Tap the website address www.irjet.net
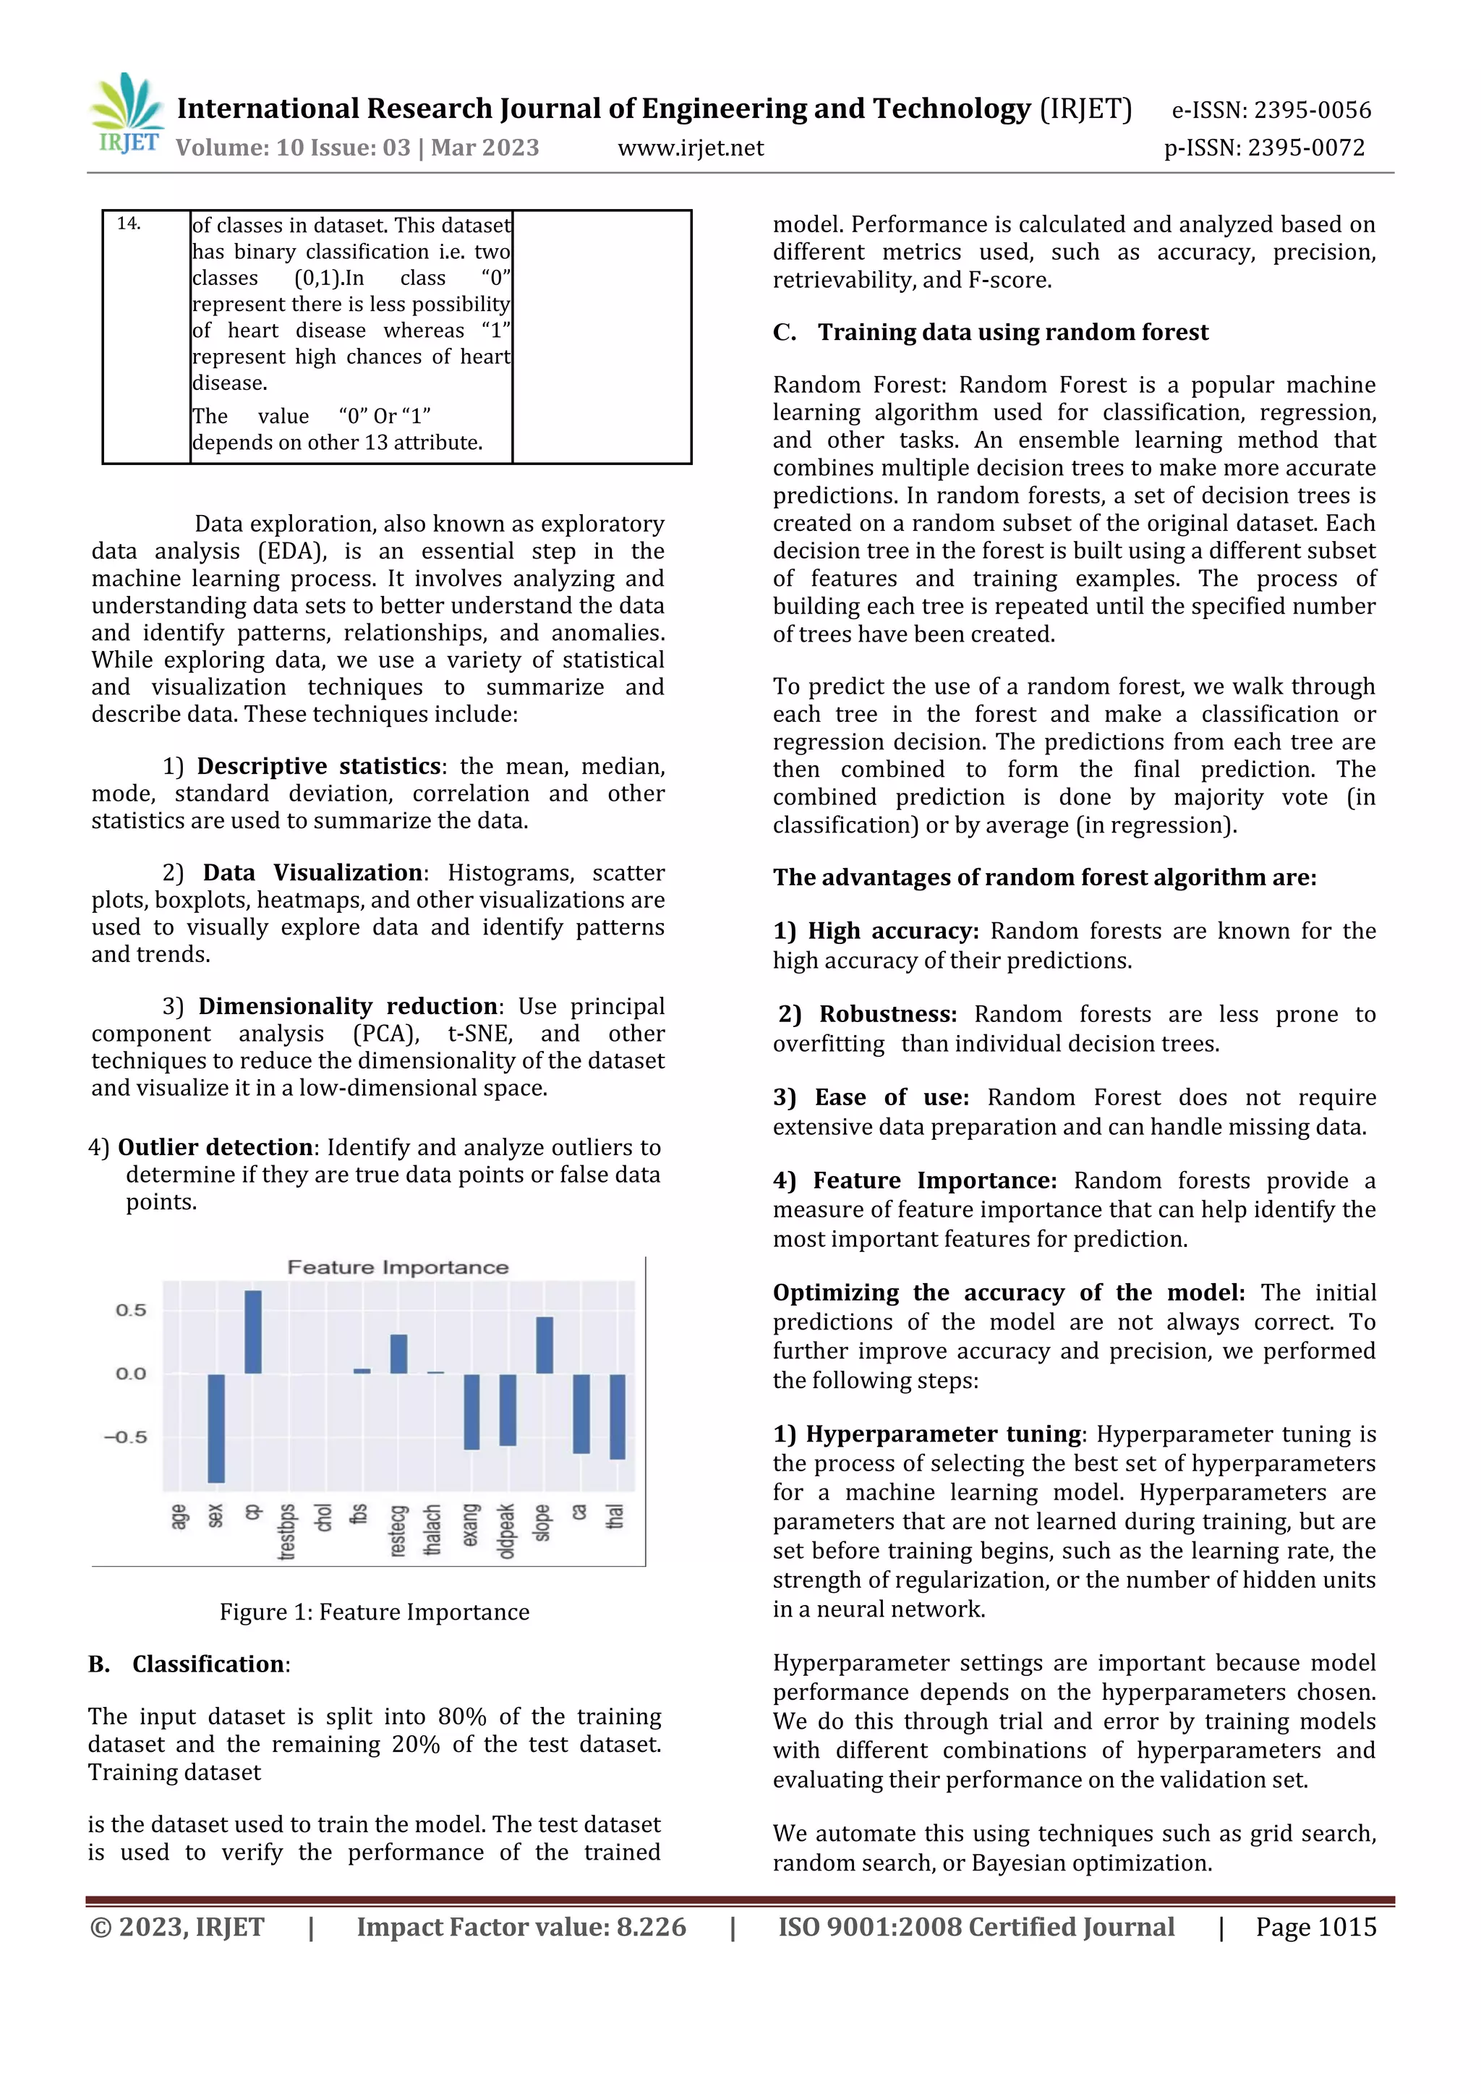(691, 148)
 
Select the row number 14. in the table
(129, 224)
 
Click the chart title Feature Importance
(398, 1267)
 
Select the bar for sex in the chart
(216, 1427)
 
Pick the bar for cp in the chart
(252, 1332)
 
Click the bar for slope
(545, 1345)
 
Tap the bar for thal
(618, 1416)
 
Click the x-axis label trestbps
(287, 1531)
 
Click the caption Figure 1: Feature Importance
(374, 1612)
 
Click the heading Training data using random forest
(1012, 332)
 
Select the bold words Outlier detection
(215, 1147)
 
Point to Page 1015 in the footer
(1315, 1927)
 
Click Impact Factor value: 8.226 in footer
(521, 1927)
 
